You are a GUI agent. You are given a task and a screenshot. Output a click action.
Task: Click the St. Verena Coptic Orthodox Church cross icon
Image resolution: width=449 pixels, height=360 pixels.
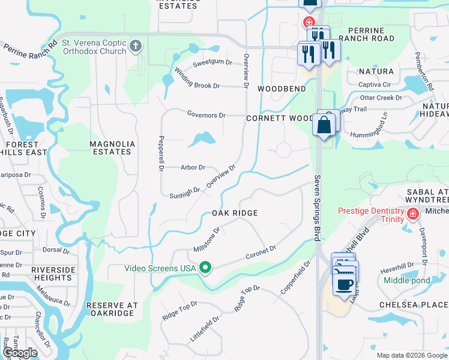(x=136, y=46)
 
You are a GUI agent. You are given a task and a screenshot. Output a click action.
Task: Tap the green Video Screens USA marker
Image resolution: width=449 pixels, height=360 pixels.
(x=206, y=268)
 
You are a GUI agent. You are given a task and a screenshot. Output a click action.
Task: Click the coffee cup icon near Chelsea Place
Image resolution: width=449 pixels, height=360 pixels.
(x=344, y=284)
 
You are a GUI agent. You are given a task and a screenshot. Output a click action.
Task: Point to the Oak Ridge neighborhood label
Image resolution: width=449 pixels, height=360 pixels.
(x=235, y=213)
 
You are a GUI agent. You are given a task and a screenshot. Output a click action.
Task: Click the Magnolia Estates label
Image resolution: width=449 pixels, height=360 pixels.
(x=110, y=148)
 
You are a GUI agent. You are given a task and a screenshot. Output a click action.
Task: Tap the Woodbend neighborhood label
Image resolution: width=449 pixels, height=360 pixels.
(x=282, y=89)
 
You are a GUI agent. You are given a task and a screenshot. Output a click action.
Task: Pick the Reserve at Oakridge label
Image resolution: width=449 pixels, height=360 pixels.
(x=112, y=309)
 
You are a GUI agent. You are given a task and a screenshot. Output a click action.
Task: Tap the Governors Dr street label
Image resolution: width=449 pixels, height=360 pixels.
(x=206, y=115)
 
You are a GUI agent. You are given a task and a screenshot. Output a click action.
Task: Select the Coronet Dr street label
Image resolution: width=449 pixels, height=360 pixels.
(x=261, y=253)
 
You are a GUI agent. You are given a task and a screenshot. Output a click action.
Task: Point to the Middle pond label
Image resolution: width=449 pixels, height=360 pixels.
(x=406, y=280)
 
